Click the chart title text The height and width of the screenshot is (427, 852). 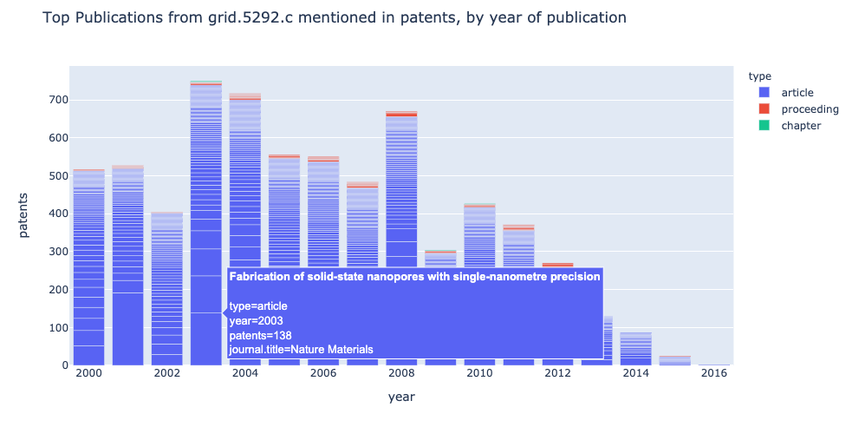pos(334,17)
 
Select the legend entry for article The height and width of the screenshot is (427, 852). pos(797,92)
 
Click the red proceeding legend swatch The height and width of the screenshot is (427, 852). pos(764,108)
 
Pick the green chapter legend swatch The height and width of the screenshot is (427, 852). pos(764,125)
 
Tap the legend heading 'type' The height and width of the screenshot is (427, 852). pos(759,76)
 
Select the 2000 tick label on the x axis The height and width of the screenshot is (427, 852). pos(88,373)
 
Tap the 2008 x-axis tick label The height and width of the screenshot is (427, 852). pos(401,373)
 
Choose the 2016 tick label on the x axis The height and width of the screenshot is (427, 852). pos(714,373)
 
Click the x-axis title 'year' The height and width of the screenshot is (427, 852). pos(400,397)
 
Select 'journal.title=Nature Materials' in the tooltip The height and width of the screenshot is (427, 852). pos(301,350)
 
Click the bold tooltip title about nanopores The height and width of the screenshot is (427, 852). pos(414,277)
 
